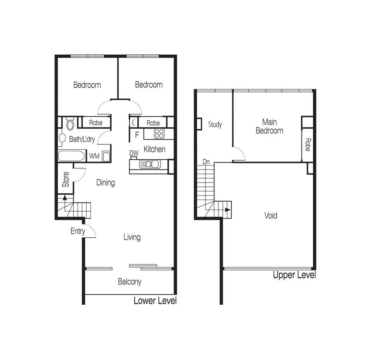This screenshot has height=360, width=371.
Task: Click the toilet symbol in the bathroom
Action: point(70,124)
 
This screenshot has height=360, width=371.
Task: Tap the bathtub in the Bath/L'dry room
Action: point(72,156)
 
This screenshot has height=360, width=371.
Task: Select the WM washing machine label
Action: point(94,156)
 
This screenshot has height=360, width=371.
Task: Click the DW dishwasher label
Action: point(134,153)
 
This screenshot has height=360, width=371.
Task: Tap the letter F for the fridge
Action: point(137,135)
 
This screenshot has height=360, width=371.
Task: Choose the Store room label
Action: point(66,179)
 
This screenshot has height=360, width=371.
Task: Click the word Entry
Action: point(78,231)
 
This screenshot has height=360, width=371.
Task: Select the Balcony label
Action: point(129,282)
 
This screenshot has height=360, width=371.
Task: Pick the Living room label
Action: point(132,237)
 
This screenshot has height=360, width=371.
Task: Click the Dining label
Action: point(105,183)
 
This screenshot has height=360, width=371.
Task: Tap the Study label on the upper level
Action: point(215,125)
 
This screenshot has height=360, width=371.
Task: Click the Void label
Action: point(271,215)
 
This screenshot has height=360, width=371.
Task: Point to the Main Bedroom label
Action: point(269,126)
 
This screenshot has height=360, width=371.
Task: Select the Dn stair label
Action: point(206,162)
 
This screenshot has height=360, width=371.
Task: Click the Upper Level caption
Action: point(294,275)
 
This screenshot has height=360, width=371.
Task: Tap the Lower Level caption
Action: point(155,301)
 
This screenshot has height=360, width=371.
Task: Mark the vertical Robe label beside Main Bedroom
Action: point(308,145)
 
